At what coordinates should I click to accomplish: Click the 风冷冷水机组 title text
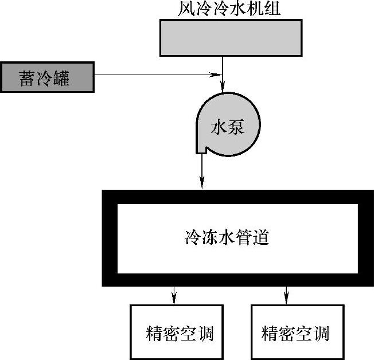pyautogui.click(x=228, y=9)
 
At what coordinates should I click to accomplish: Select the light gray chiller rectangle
pyautogui.click(x=231, y=38)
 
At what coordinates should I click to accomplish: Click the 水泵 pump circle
pyautogui.click(x=228, y=124)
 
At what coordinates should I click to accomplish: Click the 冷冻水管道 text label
pyautogui.click(x=227, y=236)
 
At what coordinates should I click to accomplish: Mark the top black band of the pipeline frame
pyautogui.click(x=238, y=197)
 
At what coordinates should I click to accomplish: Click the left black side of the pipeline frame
pyautogui.click(x=110, y=237)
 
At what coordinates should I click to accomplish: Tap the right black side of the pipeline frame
pyautogui.click(x=367, y=237)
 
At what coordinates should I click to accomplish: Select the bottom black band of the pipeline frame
pyautogui.click(x=238, y=279)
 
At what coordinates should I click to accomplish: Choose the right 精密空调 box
pyautogui.click(x=298, y=331)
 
